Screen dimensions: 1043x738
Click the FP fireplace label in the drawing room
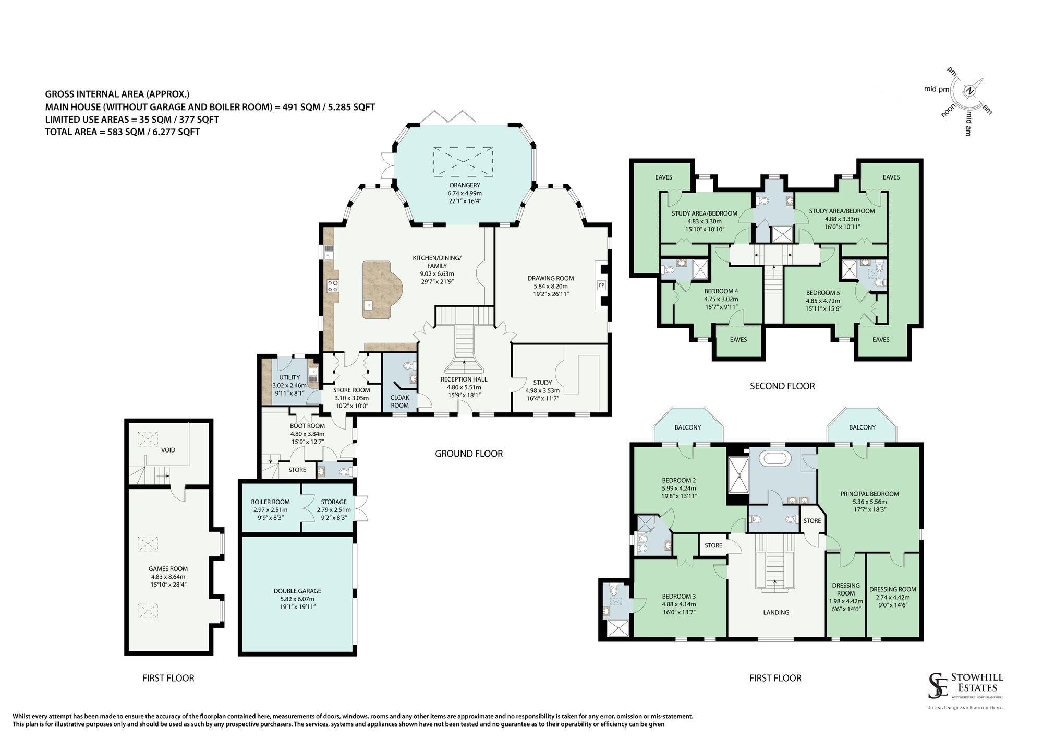[x=601, y=285]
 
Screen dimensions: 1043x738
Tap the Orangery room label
[x=465, y=185]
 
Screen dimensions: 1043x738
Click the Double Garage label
[x=297, y=591]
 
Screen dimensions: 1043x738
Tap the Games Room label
[x=168, y=569]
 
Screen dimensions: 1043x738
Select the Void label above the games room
[x=168, y=450]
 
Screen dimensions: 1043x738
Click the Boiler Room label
[x=270, y=502]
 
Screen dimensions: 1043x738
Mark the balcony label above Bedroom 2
[x=688, y=427]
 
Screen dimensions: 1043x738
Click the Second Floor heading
[x=782, y=386]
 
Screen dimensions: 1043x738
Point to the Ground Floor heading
[x=469, y=454]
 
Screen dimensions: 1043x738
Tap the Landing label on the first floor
[x=776, y=613]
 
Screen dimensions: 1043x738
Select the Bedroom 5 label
[x=823, y=293]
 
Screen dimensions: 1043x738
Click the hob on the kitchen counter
[x=332, y=286]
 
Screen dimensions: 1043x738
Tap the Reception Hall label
[x=464, y=379]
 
